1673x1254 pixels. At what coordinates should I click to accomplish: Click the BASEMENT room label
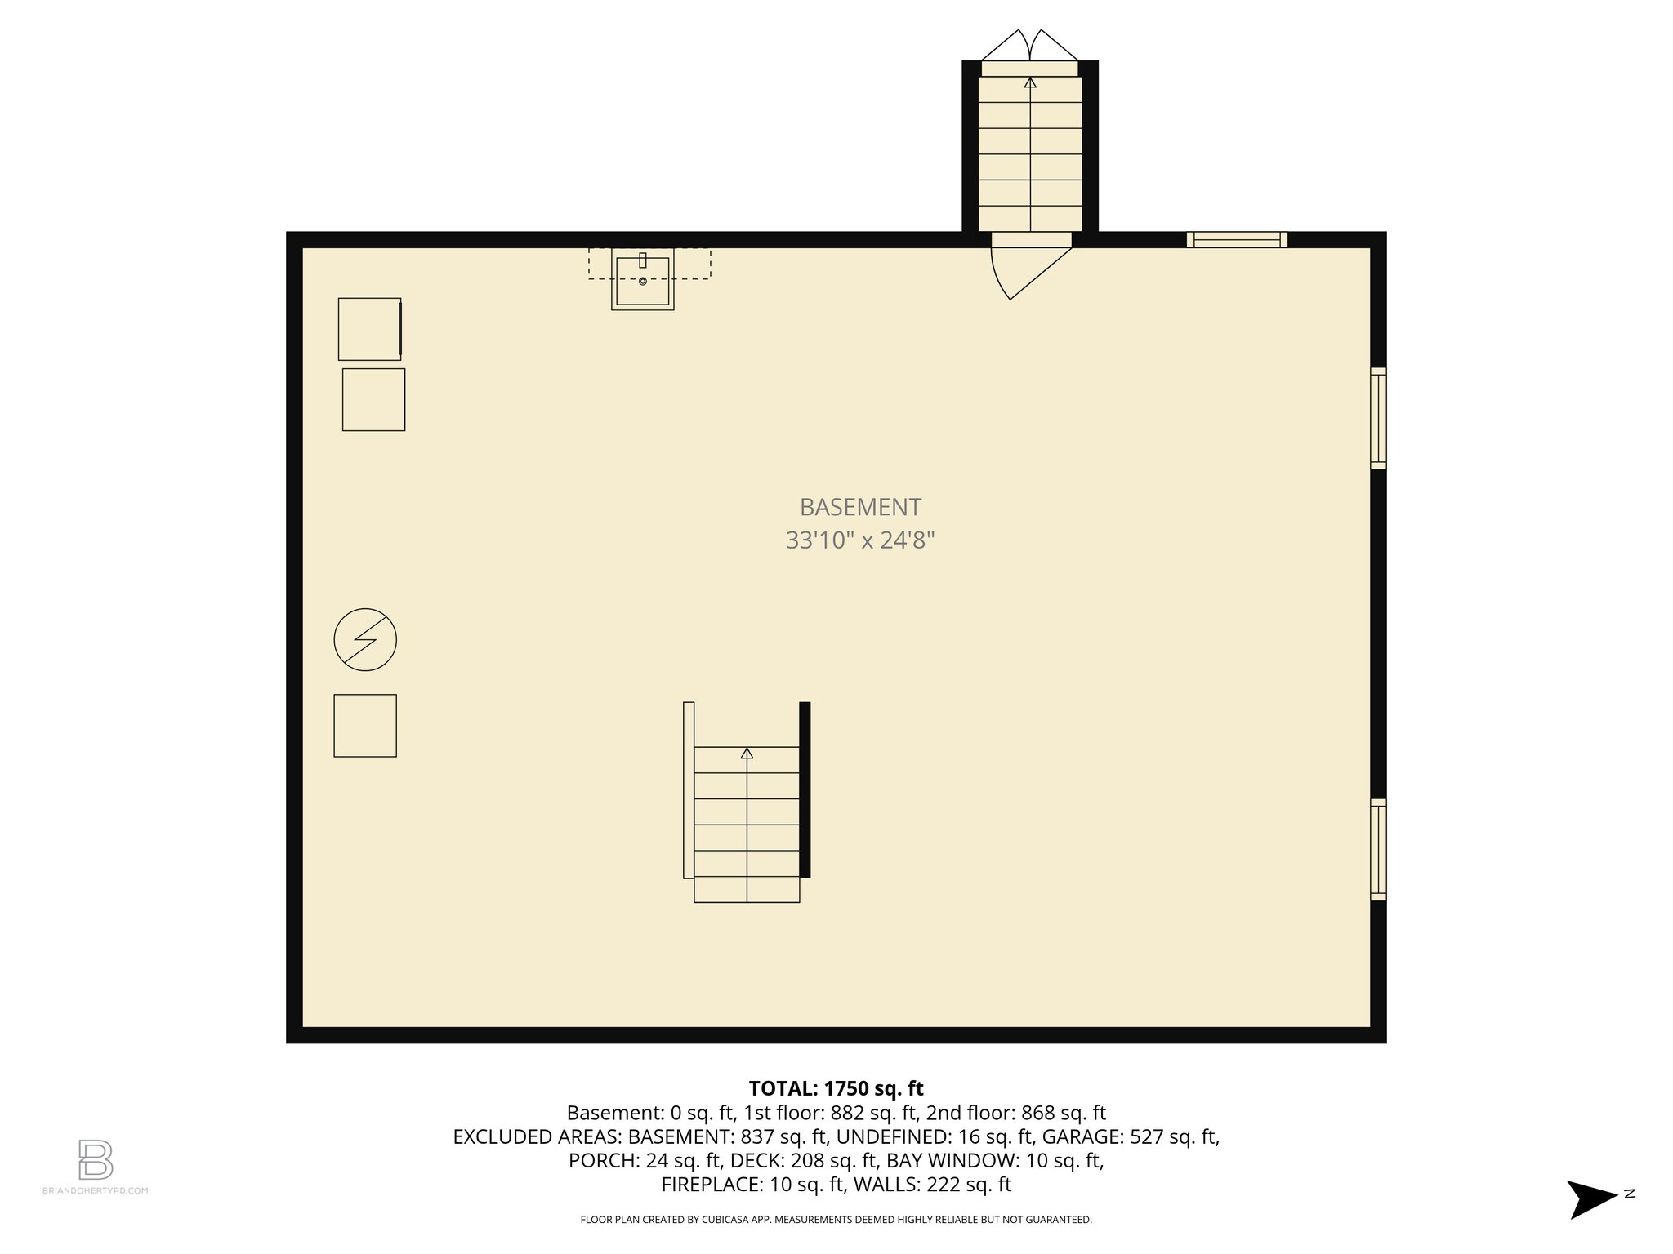860,507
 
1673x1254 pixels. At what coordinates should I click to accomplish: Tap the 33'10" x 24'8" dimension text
860,540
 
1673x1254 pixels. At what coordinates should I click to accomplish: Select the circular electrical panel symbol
365,640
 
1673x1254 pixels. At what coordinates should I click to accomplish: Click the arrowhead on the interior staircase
747,754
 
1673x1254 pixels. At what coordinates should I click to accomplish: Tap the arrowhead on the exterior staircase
1030,82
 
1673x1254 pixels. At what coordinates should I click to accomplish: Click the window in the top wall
1237,239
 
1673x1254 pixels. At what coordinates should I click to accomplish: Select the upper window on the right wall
1378,418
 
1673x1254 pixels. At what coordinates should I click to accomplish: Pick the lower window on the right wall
1378,850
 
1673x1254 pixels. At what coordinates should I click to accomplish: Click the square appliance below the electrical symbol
365,726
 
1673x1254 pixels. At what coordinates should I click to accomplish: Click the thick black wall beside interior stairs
805,789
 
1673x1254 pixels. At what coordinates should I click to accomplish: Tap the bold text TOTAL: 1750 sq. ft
836,1088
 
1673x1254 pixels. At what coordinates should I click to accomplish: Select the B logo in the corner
95,1159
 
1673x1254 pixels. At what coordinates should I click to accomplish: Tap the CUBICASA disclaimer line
836,1220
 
